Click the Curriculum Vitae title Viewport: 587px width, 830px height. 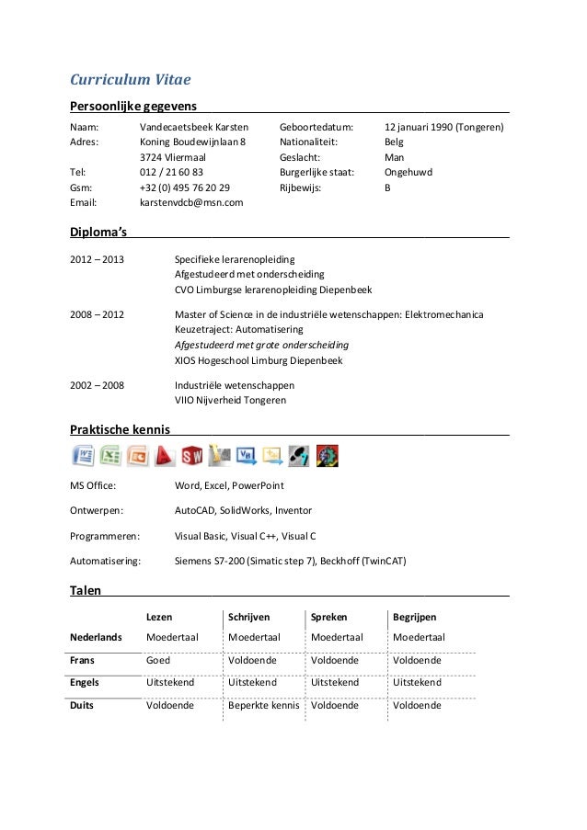click(x=131, y=79)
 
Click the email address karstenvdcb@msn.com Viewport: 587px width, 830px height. click(x=190, y=201)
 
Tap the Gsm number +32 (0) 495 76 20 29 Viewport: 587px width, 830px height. click(x=185, y=187)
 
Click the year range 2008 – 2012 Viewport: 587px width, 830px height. click(x=97, y=315)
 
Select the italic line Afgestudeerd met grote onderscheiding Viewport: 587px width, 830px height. click(x=261, y=346)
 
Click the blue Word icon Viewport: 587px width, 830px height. click(x=83, y=455)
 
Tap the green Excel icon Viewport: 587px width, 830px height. click(x=110, y=455)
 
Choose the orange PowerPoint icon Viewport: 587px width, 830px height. click(x=138, y=455)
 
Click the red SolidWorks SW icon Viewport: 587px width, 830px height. click(x=192, y=455)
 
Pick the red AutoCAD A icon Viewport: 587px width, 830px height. click(x=165, y=455)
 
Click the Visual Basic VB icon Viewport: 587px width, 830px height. click(x=247, y=455)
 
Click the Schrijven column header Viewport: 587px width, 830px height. click(x=248, y=618)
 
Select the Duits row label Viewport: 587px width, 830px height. click(x=84, y=706)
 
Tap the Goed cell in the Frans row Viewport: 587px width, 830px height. click(x=158, y=660)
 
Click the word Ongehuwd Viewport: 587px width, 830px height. click(x=408, y=172)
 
